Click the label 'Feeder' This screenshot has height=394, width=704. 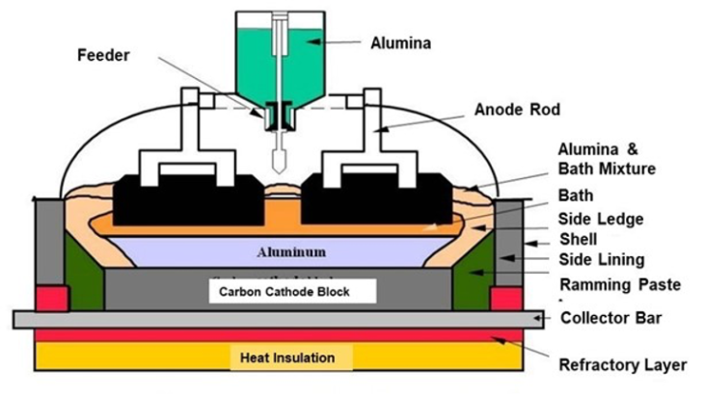pos(104,54)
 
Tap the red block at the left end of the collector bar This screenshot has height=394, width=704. pos(50,298)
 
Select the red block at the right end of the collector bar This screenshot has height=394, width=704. pos(507,298)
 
